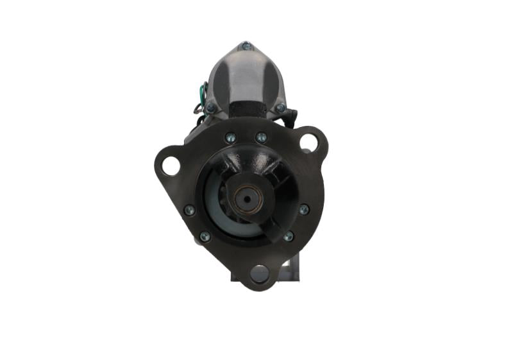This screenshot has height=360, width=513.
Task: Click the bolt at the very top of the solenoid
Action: point(246,46)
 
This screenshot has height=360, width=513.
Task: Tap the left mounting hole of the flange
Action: point(169,166)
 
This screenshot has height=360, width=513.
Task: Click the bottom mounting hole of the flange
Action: point(260,274)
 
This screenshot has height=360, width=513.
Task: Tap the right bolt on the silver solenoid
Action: point(280,108)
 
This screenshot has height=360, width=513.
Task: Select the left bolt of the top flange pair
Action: point(230,137)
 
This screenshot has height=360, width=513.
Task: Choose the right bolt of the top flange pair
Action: point(261,137)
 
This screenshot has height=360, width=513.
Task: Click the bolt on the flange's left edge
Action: point(189,210)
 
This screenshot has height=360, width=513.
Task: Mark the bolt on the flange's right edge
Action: point(303,209)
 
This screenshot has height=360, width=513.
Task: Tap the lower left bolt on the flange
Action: point(205,237)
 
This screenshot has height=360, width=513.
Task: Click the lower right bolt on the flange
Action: point(289,236)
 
